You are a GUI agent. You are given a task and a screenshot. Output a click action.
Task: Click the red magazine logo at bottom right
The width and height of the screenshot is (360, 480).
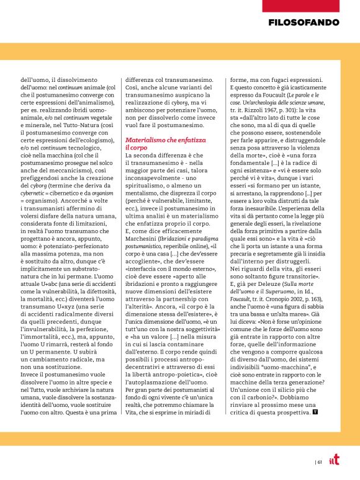pos(334,460)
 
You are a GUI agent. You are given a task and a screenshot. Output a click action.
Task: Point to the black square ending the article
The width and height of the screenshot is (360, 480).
pos(315,411)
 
